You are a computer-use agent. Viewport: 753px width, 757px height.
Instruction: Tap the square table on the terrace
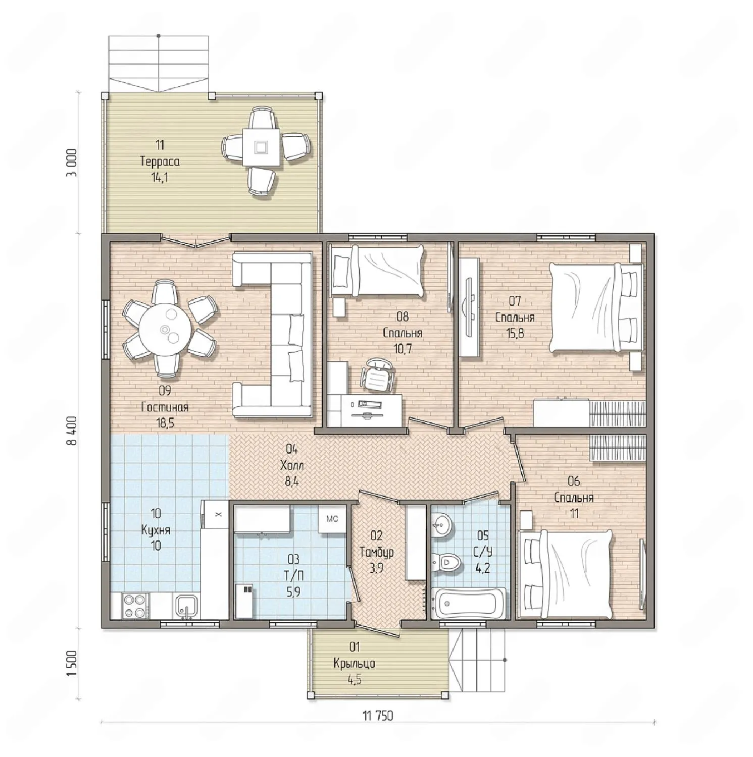pyautogui.click(x=261, y=147)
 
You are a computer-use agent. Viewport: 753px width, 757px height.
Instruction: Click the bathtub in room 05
pyautogui.click(x=471, y=604)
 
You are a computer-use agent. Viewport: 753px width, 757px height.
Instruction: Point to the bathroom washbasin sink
pyautogui.click(x=442, y=525)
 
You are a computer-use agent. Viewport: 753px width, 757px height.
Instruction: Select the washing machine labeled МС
pyautogui.click(x=332, y=519)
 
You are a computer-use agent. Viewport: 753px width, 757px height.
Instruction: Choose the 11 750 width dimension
pyautogui.click(x=377, y=716)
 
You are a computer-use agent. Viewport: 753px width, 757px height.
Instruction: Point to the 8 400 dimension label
pyautogui.click(x=71, y=430)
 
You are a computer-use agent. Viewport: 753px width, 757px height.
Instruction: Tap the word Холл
pyautogui.click(x=292, y=465)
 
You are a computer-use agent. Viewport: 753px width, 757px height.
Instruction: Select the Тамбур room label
pyautogui.click(x=376, y=552)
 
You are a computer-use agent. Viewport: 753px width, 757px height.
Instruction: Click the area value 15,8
pyautogui.click(x=515, y=334)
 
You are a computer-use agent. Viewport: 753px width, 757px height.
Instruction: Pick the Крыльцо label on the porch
pyautogui.click(x=354, y=663)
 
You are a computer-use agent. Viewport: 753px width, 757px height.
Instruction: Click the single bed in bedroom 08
pyautogui.click(x=377, y=271)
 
